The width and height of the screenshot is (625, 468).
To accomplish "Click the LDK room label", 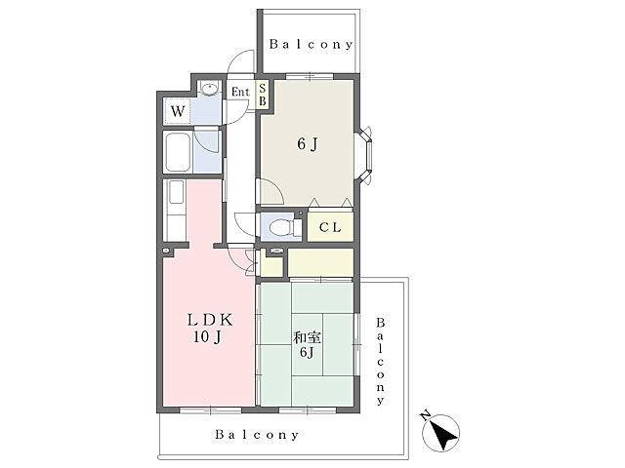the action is [210, 320].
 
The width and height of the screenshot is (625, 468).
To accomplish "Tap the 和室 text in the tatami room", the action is [307, 338].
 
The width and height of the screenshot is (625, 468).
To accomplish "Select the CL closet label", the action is [330, 227].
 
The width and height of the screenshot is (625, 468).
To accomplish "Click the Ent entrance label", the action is [240, 92].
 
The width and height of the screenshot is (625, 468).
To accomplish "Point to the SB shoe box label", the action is [262, 96].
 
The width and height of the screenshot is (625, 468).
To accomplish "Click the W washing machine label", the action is [178, 111].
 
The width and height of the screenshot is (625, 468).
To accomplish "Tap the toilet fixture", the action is [284, 228].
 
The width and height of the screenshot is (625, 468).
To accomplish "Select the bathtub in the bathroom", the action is [178, 152].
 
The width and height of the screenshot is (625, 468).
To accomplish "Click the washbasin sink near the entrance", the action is [209, 89].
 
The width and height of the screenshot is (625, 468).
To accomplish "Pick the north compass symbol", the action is [441, 433].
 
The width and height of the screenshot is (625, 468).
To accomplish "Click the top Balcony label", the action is [312, 44].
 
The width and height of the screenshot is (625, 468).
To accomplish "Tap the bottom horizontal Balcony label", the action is [257, 435].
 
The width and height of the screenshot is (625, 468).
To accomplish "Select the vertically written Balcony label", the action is [381, 361].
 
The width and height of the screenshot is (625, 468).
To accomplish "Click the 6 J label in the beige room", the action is [308, 144].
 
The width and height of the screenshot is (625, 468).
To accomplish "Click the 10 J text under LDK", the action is [208, 337].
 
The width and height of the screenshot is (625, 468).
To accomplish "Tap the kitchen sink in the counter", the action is [176, 192].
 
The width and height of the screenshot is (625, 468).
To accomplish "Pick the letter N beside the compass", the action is [426, 415].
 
